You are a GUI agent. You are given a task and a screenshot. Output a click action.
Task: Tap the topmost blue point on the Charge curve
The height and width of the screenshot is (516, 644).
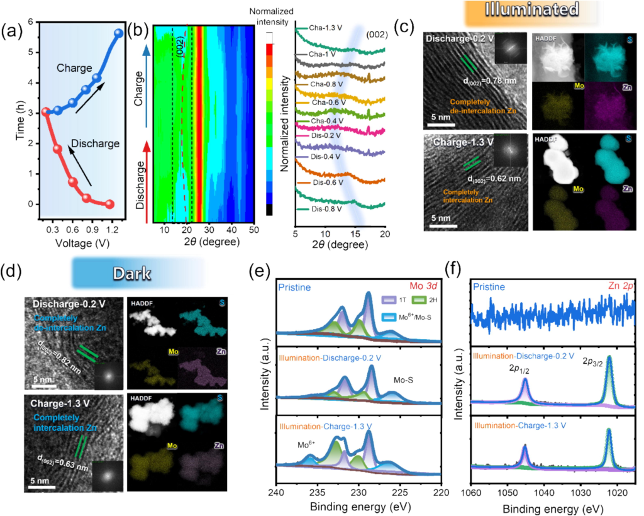(x=118, y=33)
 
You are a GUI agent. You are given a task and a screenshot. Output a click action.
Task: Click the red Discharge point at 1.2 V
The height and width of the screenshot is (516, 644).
(x=109, y=204)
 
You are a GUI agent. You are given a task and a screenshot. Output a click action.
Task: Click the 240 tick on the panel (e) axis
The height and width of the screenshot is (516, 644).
(x=277, y=491)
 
